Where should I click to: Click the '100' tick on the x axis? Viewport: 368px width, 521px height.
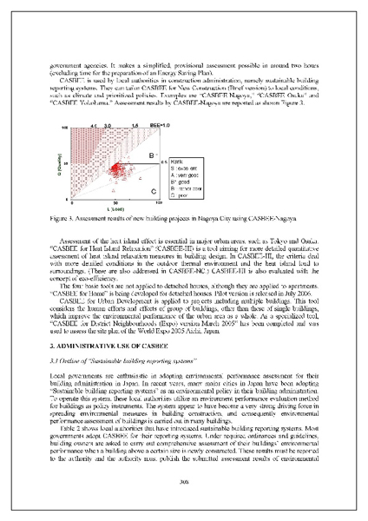pyautogui.click(x=157, y=201)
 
